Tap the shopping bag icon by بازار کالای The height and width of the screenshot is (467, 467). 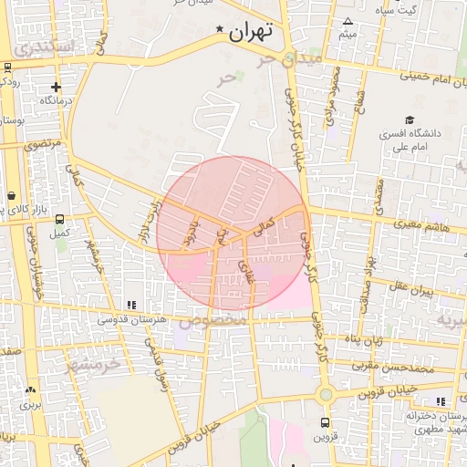point(11,196)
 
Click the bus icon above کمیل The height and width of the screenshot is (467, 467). point(60,219)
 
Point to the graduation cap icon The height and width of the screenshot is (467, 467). point(410,119)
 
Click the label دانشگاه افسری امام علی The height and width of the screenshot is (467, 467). point(410,139)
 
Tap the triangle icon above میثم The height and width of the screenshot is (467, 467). point(347,21)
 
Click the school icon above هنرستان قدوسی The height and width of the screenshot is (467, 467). point(131,305)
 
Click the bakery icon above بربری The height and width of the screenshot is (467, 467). point(31,389)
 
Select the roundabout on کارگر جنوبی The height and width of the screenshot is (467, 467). point(326,395)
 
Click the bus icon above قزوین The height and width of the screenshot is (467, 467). point(325,422)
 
